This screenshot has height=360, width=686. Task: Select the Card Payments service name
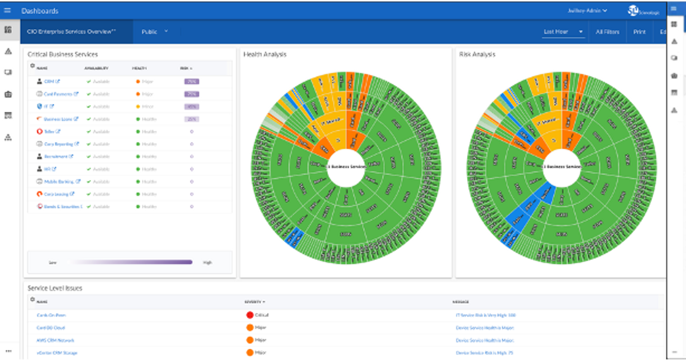pos(58,94)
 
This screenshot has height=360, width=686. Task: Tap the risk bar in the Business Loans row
pos(191,119)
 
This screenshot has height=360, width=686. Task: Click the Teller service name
pos(49,131)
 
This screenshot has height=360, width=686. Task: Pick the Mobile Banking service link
pos(59,182)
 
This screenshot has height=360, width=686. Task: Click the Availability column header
pos(96,68)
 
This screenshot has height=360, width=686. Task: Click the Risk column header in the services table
pos(185,68)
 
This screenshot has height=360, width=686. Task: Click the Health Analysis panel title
pos(265,54)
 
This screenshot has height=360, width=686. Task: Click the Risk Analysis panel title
pos(477,54)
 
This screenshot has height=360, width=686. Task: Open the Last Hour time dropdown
pos(563,32)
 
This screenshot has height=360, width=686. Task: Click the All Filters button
pos(607,32)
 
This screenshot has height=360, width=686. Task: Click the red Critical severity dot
pos(250,315)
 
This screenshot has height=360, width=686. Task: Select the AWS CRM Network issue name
pos(55,340)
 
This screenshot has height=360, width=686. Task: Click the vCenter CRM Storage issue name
pos(57,353)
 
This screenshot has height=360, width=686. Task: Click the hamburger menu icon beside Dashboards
pos(7,11)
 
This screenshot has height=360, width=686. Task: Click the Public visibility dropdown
pos(154,32)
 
